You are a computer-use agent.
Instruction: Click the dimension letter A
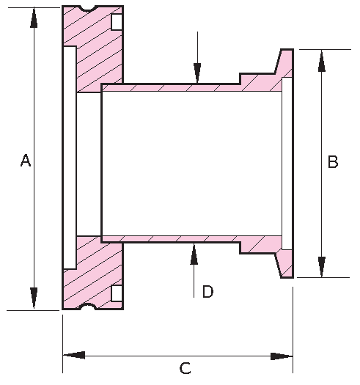[26, 161]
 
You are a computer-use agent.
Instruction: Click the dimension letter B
[332, 163]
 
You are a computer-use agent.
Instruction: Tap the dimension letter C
[185, 368]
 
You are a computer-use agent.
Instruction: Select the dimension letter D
[207, 292]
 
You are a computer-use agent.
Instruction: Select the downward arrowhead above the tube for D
[196, 73]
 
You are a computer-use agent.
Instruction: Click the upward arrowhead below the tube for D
[194, 253]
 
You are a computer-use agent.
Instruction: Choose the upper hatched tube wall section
[176, 87]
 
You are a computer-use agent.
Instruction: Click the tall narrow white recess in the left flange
[70, 158]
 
